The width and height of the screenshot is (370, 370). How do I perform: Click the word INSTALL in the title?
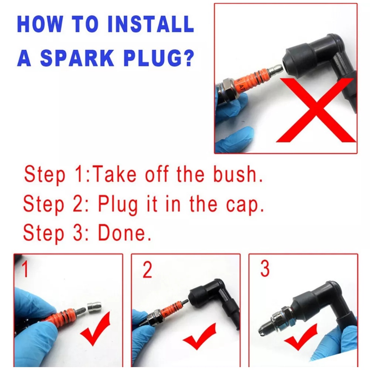click(x=151, y=24)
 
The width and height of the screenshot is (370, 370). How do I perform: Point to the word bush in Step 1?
click(x=238, y=174)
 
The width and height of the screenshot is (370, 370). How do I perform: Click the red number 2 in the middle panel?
click(x=147, y=269)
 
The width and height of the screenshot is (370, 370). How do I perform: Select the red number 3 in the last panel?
click(x=265, y=268)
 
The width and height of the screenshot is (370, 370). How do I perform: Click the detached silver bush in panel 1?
click(x=94, y=308)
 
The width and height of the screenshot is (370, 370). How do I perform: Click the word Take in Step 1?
click(x=115, y=174)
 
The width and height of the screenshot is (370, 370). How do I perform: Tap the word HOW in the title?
click(x=40, y=24)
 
